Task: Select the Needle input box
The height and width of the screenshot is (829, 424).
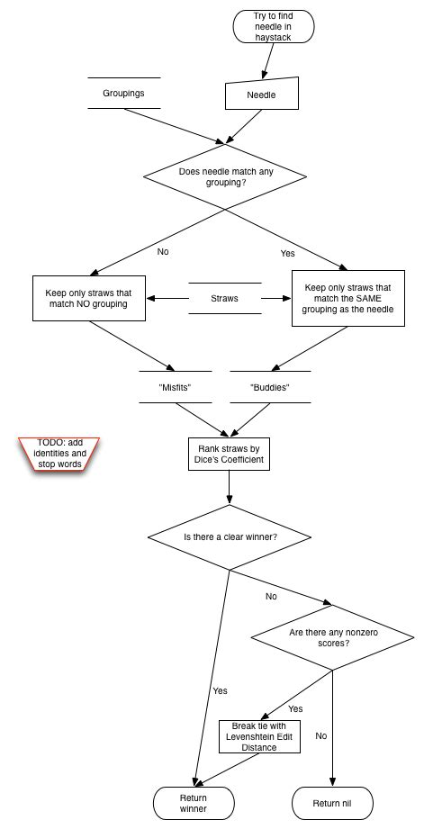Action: [261, 94]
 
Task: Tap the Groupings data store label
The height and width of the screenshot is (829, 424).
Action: [123, 93]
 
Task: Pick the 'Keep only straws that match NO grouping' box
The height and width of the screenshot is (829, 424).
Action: [88, 298]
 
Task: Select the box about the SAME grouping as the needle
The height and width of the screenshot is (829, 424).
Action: [344, 298]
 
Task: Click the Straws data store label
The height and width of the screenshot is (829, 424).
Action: [224, 298]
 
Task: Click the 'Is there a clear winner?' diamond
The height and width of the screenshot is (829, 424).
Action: [230, 537]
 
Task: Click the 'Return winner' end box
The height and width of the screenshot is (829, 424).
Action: [194, 803]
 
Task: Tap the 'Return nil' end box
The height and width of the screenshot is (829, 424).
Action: [332, 803]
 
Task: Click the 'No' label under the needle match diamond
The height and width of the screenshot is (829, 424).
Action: [163, 252]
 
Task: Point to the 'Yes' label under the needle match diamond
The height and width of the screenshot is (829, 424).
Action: [287, 254]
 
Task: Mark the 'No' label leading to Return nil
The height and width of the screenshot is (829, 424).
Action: [321, 735]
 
